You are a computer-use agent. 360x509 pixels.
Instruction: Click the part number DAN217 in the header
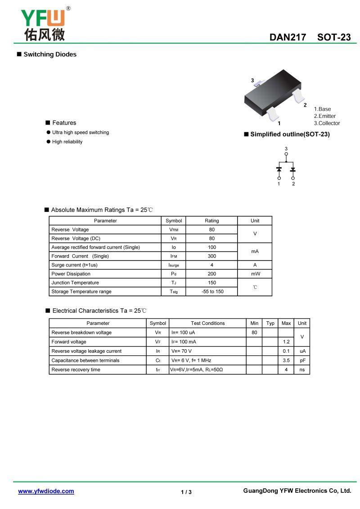pyautogui.click(x=288, y=37)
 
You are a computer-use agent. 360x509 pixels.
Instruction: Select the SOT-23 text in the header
pyautogui.click(x=334, y=37)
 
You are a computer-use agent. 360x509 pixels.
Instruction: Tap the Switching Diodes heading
pyautogui.click(x=50, y=54)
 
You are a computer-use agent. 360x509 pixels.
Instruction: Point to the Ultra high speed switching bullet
pyautogui.click(x=80, y=132)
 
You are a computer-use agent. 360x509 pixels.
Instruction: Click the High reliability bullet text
pyautogui.click(x=67, y=142)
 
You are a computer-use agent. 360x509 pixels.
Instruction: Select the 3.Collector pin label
pyautogui.click(x=327, y=123)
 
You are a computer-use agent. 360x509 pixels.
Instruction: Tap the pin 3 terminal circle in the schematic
pyautogui.click(x=286, y=154)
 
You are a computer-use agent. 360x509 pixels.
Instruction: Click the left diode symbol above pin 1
pyautogui.click(x=279, y=169)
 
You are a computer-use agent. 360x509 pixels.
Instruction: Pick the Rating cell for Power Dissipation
pyautogui.click(x=211, y=274)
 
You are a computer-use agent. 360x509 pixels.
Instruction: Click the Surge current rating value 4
pyautogui.click(x=211, y=265)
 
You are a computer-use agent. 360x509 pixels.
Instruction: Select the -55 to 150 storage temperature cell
pyautogui.click(x=211, y=292)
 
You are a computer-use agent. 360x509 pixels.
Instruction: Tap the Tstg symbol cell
pyautogui.click(x=174, y=292)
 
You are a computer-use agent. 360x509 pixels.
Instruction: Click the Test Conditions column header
pyautogui.click(x=207, y=323)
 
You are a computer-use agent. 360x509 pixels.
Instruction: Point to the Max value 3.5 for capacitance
pyautogui.click(x=286, y=360)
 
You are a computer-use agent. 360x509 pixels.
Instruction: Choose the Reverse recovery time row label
pyautogui.click(x=76, y=370)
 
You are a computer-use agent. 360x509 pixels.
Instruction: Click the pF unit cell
pyautogui.click(x=302, y=360)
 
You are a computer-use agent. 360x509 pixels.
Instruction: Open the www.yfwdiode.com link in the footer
pyautogui.click(x=46, y=491)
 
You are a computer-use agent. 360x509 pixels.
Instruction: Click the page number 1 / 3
pyautogui.click(x=186, y=492)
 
